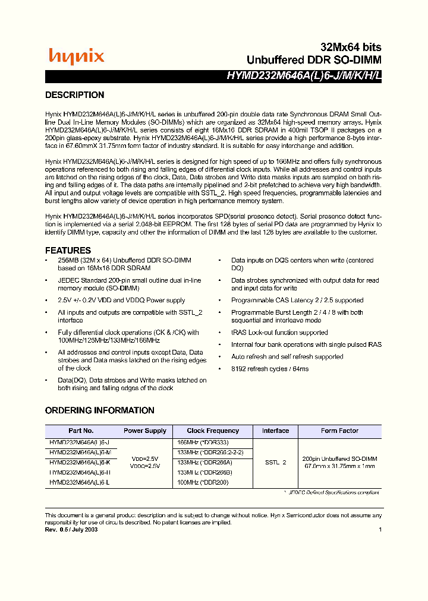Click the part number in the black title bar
point(303,76)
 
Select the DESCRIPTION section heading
point(75,95)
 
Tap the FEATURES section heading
point(68,251)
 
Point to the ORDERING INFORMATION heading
point(100,410)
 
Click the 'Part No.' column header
point(81,431)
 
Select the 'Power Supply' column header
point(145,431)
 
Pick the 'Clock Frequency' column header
point(213,431)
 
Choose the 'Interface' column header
point(275,431)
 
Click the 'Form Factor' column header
point(339,431)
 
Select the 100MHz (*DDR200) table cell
point(203,483)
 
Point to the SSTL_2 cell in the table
point(275,462)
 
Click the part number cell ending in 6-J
point(80,442)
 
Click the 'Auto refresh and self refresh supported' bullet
point(287,357)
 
